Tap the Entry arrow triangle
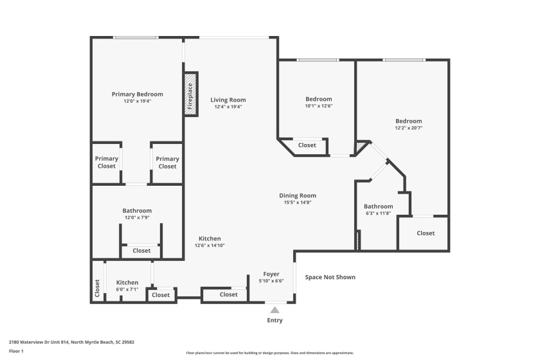(274, 310)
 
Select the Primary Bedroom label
(137, 94)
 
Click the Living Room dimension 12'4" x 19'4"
(228, 107)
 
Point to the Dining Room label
(297, 195)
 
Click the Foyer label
(271, 274)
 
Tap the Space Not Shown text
(330, 277)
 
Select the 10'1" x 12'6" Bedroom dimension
(318, 106)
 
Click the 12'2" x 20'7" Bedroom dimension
(408, 128)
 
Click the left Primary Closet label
(107, 162)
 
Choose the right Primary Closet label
(167, 162)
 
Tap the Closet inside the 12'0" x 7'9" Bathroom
(141, 250)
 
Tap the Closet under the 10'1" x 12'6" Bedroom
(307, 145)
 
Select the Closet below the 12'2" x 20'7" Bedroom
(425, 233)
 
